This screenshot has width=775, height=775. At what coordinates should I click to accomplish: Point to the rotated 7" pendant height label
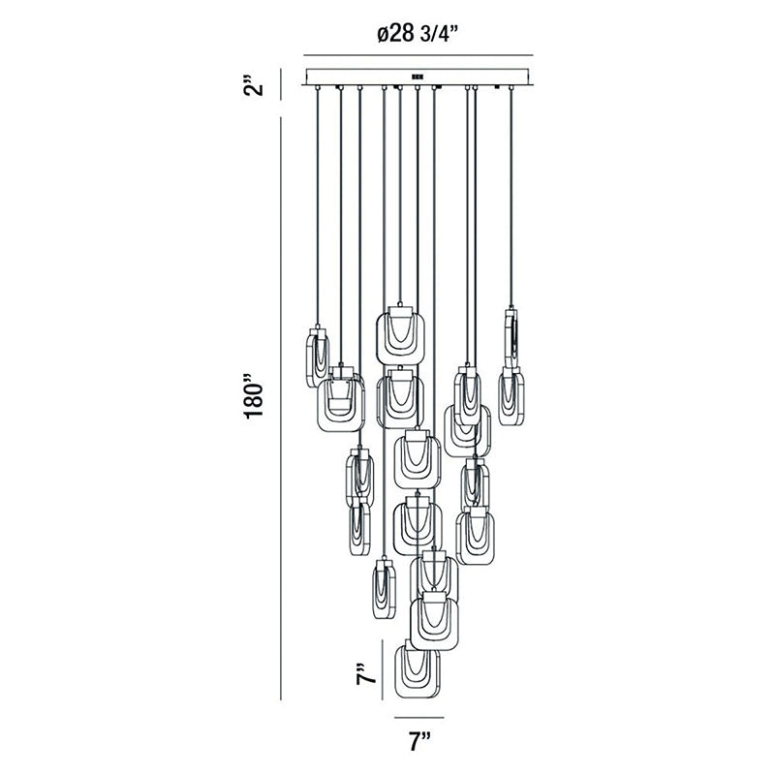click(x=366, y=670)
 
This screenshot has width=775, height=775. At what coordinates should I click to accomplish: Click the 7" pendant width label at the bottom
click(x=419, y=741)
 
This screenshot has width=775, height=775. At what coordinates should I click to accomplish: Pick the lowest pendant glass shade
click(x=418, y=671)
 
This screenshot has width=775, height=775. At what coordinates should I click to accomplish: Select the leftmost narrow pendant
click(x=318, y=356)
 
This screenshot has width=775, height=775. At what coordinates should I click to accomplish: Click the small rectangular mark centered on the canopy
click(x=418, y=77)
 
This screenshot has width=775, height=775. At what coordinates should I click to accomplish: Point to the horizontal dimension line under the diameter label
click(x=418, y=55)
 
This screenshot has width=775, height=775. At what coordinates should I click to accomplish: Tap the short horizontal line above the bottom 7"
click(x=419, y=717)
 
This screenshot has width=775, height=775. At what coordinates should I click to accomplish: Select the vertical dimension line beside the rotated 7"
click(x=383, y=669)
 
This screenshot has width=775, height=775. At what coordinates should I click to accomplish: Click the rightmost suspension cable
click(x=511, y=198)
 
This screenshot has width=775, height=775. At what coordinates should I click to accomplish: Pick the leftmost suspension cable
click(x=318, y=208)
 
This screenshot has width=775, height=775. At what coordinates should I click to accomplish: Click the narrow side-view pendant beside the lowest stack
click(x=384, y=589)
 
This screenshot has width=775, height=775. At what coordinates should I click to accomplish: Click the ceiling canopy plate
click(x=418, y=77)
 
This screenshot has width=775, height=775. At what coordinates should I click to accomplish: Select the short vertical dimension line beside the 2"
click(x=281, y=84)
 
